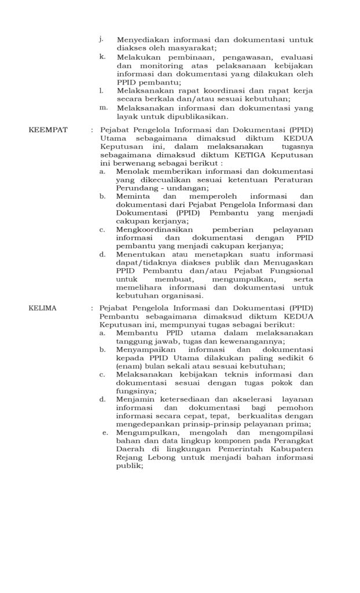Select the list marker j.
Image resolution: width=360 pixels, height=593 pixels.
[101, 39]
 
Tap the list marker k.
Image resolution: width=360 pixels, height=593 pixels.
[102, 57]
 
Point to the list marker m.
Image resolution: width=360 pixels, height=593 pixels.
[103, 107]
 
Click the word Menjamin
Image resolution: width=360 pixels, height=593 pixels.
[133, 399]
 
